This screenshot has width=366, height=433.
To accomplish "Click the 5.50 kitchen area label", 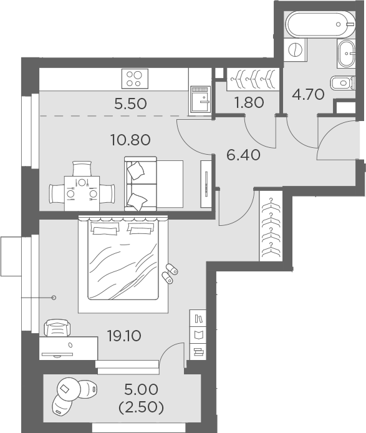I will coord(130,104).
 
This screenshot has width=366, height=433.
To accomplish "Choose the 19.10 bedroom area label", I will coord(123,336).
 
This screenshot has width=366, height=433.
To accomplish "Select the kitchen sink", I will coord(201,99).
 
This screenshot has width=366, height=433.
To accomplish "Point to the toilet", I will coord(342,84).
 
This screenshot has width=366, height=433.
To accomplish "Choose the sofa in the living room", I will coord(152,183).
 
